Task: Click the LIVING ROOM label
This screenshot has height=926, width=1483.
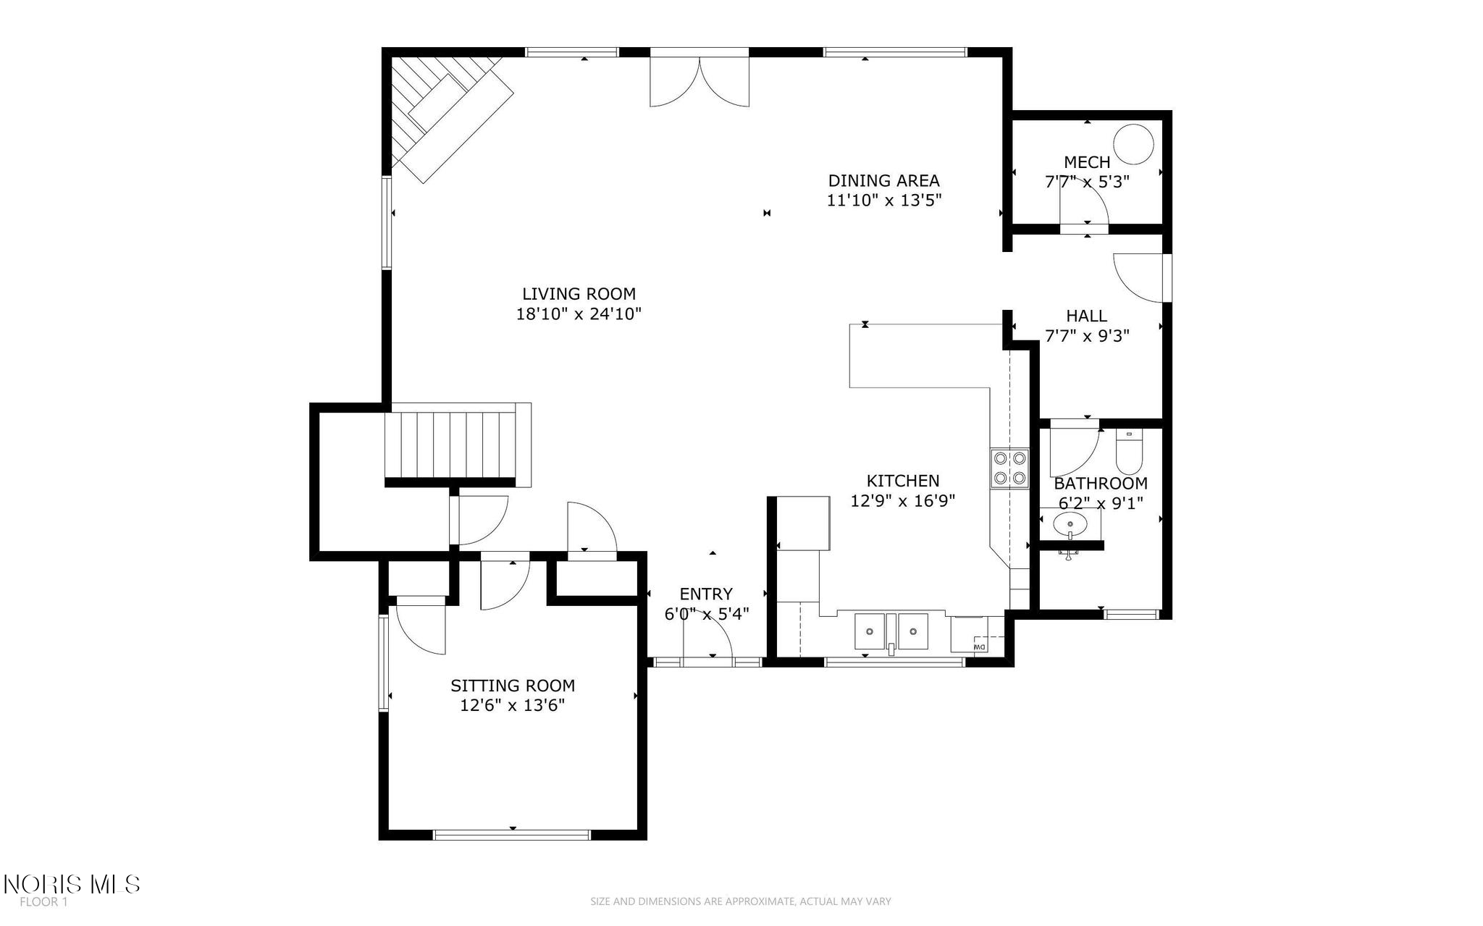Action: point(579,294)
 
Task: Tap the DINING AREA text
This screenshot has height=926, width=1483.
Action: point(883,180)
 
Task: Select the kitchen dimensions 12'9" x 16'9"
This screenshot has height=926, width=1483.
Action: point(903,500)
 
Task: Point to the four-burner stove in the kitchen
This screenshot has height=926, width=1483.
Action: point(1009,468)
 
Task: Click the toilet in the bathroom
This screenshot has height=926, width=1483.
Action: point(1129,450)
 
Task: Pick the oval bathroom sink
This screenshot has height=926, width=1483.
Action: point(1070,523)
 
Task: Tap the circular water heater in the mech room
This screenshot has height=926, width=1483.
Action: point(1133,144)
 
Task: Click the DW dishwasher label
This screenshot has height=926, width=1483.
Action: point(979,646)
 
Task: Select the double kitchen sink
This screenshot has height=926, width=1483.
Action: point(891,631)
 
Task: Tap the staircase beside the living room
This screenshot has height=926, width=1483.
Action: point(458,445)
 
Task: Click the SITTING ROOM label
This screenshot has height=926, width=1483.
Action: point(513,686)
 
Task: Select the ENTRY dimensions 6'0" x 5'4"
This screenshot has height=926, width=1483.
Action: point(707,614)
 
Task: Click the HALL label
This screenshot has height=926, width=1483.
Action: point(1086,316)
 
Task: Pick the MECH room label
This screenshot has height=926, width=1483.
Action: point(1087,161)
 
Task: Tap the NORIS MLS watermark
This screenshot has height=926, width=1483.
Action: point(72,884)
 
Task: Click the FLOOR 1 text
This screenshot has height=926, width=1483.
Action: point(43,902)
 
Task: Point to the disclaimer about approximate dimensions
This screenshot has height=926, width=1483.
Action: point(741,901)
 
